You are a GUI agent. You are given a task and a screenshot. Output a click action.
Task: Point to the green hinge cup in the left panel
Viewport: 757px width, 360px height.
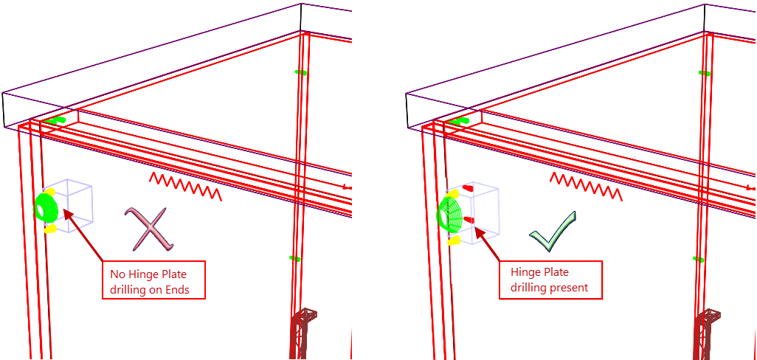click(47, 207)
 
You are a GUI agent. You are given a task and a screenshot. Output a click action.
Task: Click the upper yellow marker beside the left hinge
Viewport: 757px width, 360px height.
click(50, 191)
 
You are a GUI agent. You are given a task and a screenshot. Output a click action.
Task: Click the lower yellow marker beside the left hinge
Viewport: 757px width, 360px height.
click(50, 229)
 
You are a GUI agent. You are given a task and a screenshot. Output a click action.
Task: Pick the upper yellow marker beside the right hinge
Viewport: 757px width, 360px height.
click(454, 193)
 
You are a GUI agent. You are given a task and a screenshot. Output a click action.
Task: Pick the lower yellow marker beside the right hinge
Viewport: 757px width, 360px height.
click(453, 240)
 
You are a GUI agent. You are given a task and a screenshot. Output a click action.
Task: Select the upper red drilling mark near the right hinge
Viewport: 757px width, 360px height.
click(466, 188)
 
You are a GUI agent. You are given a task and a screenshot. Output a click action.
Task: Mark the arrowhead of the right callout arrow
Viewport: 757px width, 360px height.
click(477, 232)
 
